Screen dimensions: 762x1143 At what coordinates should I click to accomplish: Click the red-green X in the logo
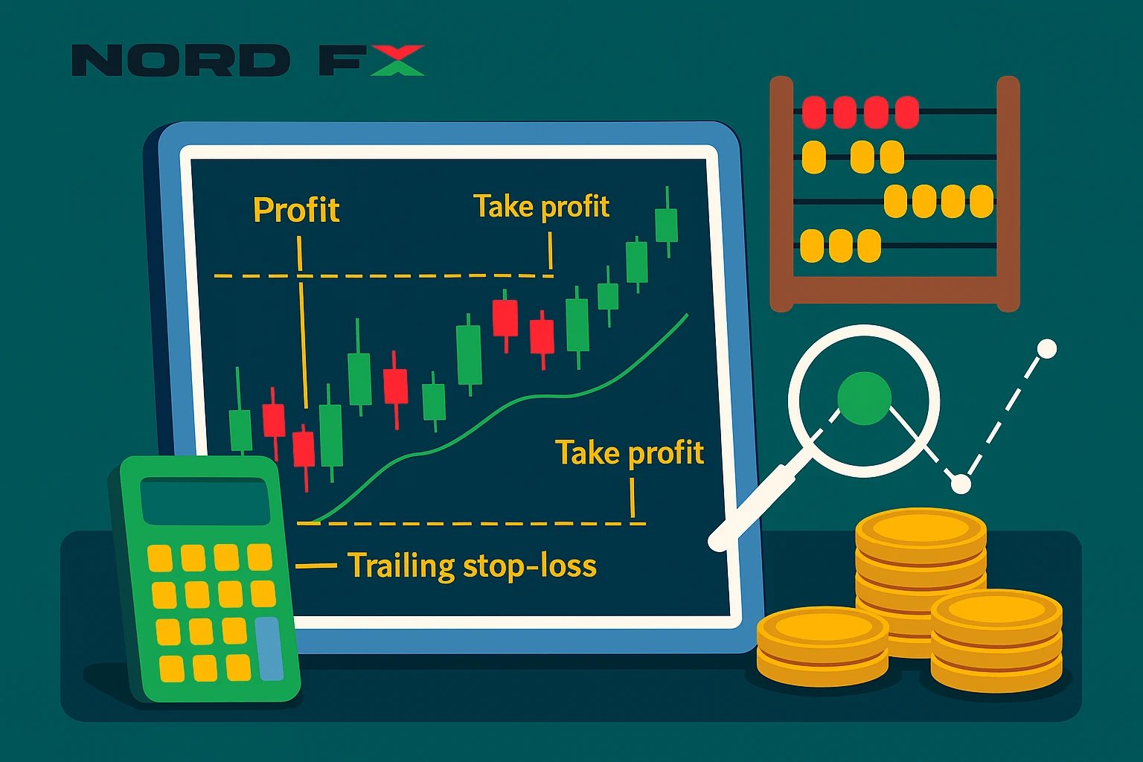(x=397, y=60)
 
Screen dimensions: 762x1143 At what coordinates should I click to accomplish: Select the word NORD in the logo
(x=181, y=60)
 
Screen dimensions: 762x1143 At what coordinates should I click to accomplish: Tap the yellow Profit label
(x=296, y=211)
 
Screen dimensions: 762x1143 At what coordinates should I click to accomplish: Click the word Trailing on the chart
(x=400, y=566)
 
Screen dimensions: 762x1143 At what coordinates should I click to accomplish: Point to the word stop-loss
(x=529, y=566)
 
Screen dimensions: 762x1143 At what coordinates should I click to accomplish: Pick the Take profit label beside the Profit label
(x=541, y=207)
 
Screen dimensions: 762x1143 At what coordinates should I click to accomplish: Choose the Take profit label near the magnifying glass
(x=630, y=453)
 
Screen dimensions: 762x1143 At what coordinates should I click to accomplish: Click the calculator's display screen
(x=205, y=501)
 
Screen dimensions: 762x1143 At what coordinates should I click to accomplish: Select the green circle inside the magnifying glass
(x=864, y=399)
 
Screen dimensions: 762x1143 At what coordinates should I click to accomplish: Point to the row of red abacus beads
(x=860, y=112)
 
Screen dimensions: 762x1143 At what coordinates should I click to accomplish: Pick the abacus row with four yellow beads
(x=939, y=201)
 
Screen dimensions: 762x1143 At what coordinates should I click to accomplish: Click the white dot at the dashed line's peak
(x=1046, y=348)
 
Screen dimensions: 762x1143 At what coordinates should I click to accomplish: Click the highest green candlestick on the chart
(x=666, y=224)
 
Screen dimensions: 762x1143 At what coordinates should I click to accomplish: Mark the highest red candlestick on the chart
(x=505, y=318)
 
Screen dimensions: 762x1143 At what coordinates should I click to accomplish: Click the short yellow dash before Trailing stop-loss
(x=316, y=566)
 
